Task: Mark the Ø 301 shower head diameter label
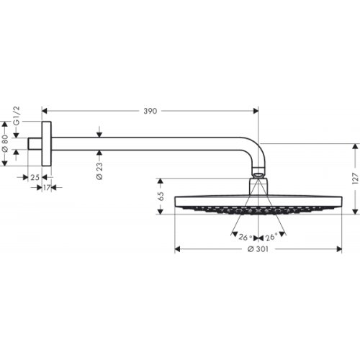[x=258, y=249]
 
